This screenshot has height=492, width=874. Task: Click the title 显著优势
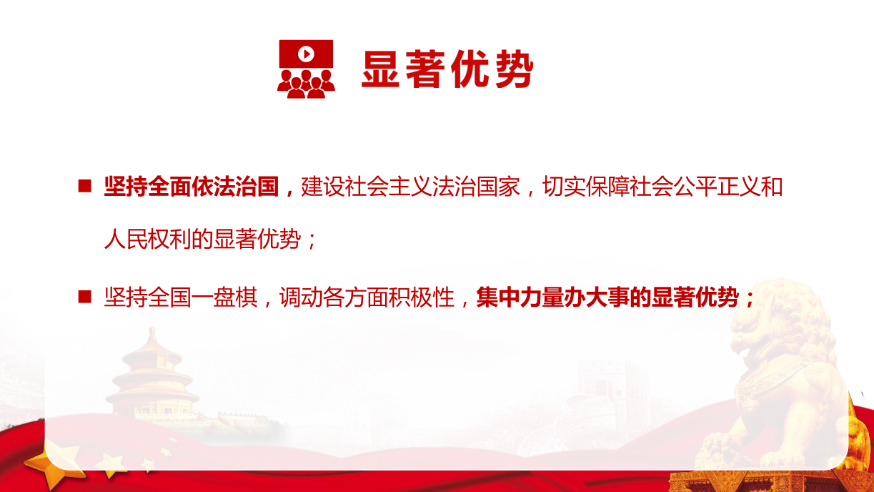[x=447, y=69]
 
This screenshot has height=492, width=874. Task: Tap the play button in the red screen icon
[x=307, y=54]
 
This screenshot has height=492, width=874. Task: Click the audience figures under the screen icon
[x=307, y=84]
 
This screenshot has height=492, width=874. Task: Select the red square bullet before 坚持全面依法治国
[x=84, y=186]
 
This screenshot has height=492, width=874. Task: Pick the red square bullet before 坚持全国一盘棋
[x=84, y=297]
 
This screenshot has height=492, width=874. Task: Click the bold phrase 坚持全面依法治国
[x=192, y=187]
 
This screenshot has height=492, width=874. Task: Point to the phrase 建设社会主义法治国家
[x=410, y=187]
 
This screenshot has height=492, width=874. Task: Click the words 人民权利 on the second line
[x=147, y=239]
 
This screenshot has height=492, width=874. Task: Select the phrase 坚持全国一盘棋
[x=180, y=297]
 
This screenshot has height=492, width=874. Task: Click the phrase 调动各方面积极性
[x=367, y=297]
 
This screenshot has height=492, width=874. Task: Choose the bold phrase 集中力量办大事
[x=552, y=297]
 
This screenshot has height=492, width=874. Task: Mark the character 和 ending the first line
[x=772, y=187]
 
